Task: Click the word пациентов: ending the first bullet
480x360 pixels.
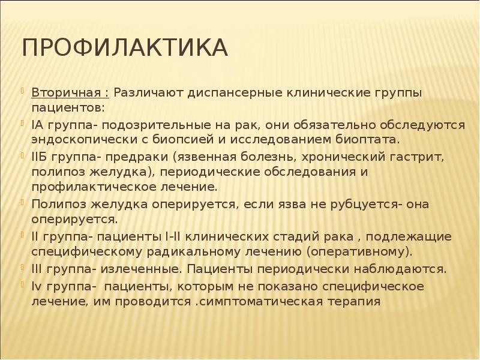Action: pyautogui.click(x=67, y=109)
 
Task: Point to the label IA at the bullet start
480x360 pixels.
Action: pyautogui.click(x=37, y=125)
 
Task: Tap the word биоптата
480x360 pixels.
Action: pyautogui.click(x=367, y=140)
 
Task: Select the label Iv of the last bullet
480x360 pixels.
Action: pyautogui.click(x=37, y=285)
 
